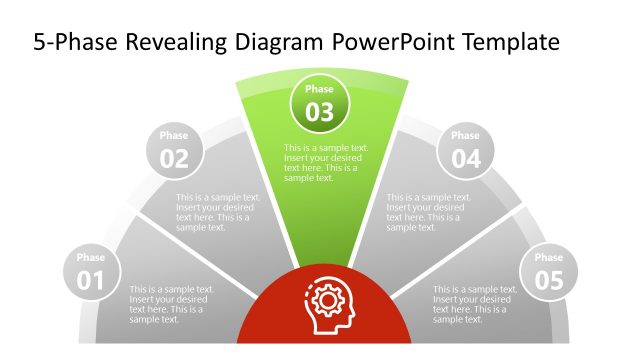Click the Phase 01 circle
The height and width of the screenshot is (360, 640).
[x=90, y=271]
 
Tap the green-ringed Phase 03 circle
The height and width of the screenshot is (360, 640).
[x=319, y=104]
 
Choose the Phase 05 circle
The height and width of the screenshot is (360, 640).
[x=548, y=271]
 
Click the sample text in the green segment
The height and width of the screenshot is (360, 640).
[x=326, y=163]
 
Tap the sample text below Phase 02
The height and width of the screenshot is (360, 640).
[x=218, y=212]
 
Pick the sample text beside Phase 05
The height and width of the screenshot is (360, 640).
[x=475, y=304]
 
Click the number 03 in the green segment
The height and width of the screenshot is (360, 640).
[x=319, y=112]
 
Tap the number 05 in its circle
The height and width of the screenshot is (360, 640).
[x=549, y=280]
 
